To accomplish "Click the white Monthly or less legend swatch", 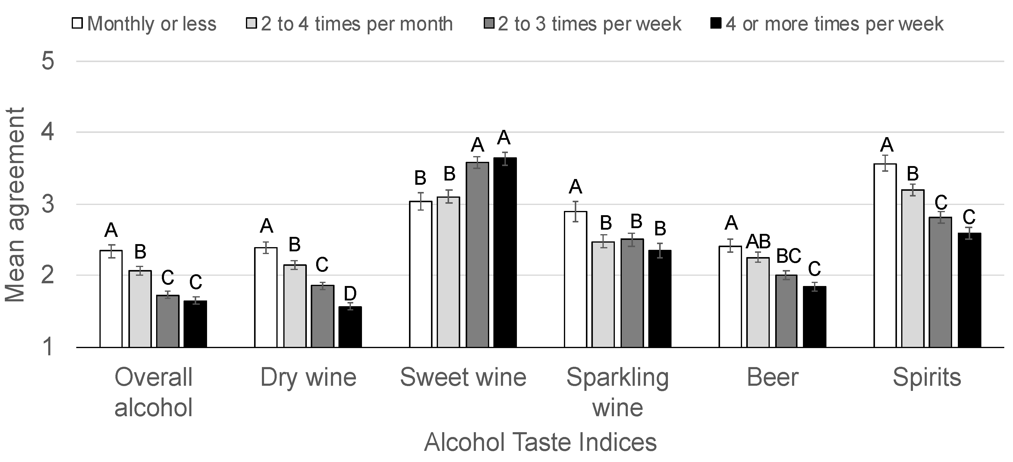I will coord(77,23).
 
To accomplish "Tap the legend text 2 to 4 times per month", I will coord(357,24).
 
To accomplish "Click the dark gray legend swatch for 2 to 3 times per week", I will coord(489,23).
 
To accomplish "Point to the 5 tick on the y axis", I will coord(48,61).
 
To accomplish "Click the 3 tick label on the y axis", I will coord(48,204).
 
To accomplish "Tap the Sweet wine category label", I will coord(463,377).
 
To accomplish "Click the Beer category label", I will coord(772,377).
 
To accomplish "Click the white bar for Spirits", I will coord(885,256).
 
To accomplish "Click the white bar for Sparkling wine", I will coord(575,279).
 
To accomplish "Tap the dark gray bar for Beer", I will coord(786,311).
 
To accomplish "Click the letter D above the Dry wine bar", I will coord(350,293).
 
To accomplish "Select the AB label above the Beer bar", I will coord(758,241).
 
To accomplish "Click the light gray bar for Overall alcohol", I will coord(140,309).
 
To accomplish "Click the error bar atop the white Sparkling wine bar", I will coord(575,212).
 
